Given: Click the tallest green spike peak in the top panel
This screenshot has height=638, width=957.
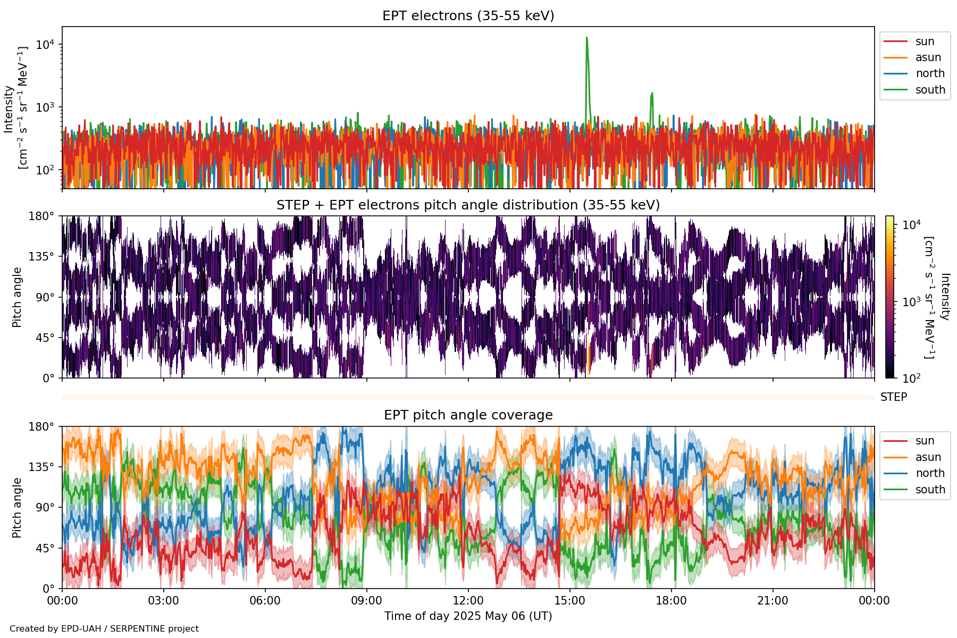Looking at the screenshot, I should point(586,38).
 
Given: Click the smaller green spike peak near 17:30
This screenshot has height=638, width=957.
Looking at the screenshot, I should point(652,94).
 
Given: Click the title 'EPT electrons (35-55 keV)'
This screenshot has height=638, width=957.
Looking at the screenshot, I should point(468,16).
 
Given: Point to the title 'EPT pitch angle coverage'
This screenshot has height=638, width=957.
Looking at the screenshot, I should point(468,415).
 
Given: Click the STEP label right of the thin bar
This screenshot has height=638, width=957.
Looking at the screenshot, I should point(894,397).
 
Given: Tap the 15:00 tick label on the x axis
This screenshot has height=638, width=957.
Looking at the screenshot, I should point(570,601).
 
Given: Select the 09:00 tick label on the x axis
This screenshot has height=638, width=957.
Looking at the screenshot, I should point(367,601).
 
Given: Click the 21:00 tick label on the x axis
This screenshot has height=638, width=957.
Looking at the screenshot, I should point(773,601).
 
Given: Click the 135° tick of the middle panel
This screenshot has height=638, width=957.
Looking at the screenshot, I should point(41,257).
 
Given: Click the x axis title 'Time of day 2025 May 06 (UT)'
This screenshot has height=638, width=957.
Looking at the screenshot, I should point(468,616).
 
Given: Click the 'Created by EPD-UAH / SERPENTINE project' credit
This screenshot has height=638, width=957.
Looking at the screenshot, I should point(104,629).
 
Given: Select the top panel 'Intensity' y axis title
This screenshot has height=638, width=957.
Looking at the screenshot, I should point(9,109).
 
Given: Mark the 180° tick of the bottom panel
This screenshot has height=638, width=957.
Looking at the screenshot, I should point(41,427).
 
